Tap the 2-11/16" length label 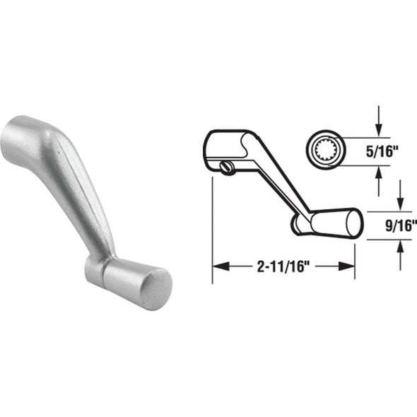point(283,266)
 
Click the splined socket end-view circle point(327,151)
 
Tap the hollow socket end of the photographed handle point(16,141)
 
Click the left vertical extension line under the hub point(213,226)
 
